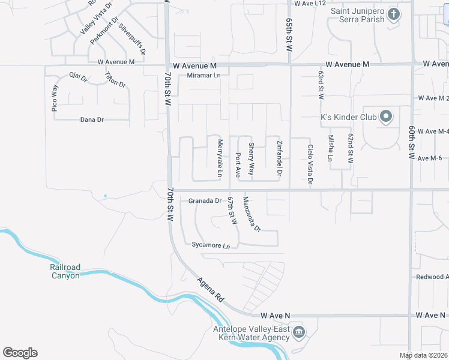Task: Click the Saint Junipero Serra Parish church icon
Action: (x=393, y=14)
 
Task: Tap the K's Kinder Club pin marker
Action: (x=386, y=116)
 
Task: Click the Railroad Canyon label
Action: (x=65, y=271)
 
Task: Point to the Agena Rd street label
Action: (x=211, y=290)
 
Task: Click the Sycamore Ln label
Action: (x=211, y=246)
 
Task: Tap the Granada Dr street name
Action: (x=205, y=201)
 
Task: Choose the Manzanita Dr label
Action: (x=252, y=214)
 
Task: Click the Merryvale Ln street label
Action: (x=220, y=158)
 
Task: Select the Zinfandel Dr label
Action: (x=279, y=158)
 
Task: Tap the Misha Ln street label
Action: (x=330, y=148)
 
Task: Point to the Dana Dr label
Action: (x=92, y=120)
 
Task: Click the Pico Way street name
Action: (x=55, y=98)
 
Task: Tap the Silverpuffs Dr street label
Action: (x=132, y=39)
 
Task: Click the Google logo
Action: (x=20, y=353)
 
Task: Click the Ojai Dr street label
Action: (x=78, y=77)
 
